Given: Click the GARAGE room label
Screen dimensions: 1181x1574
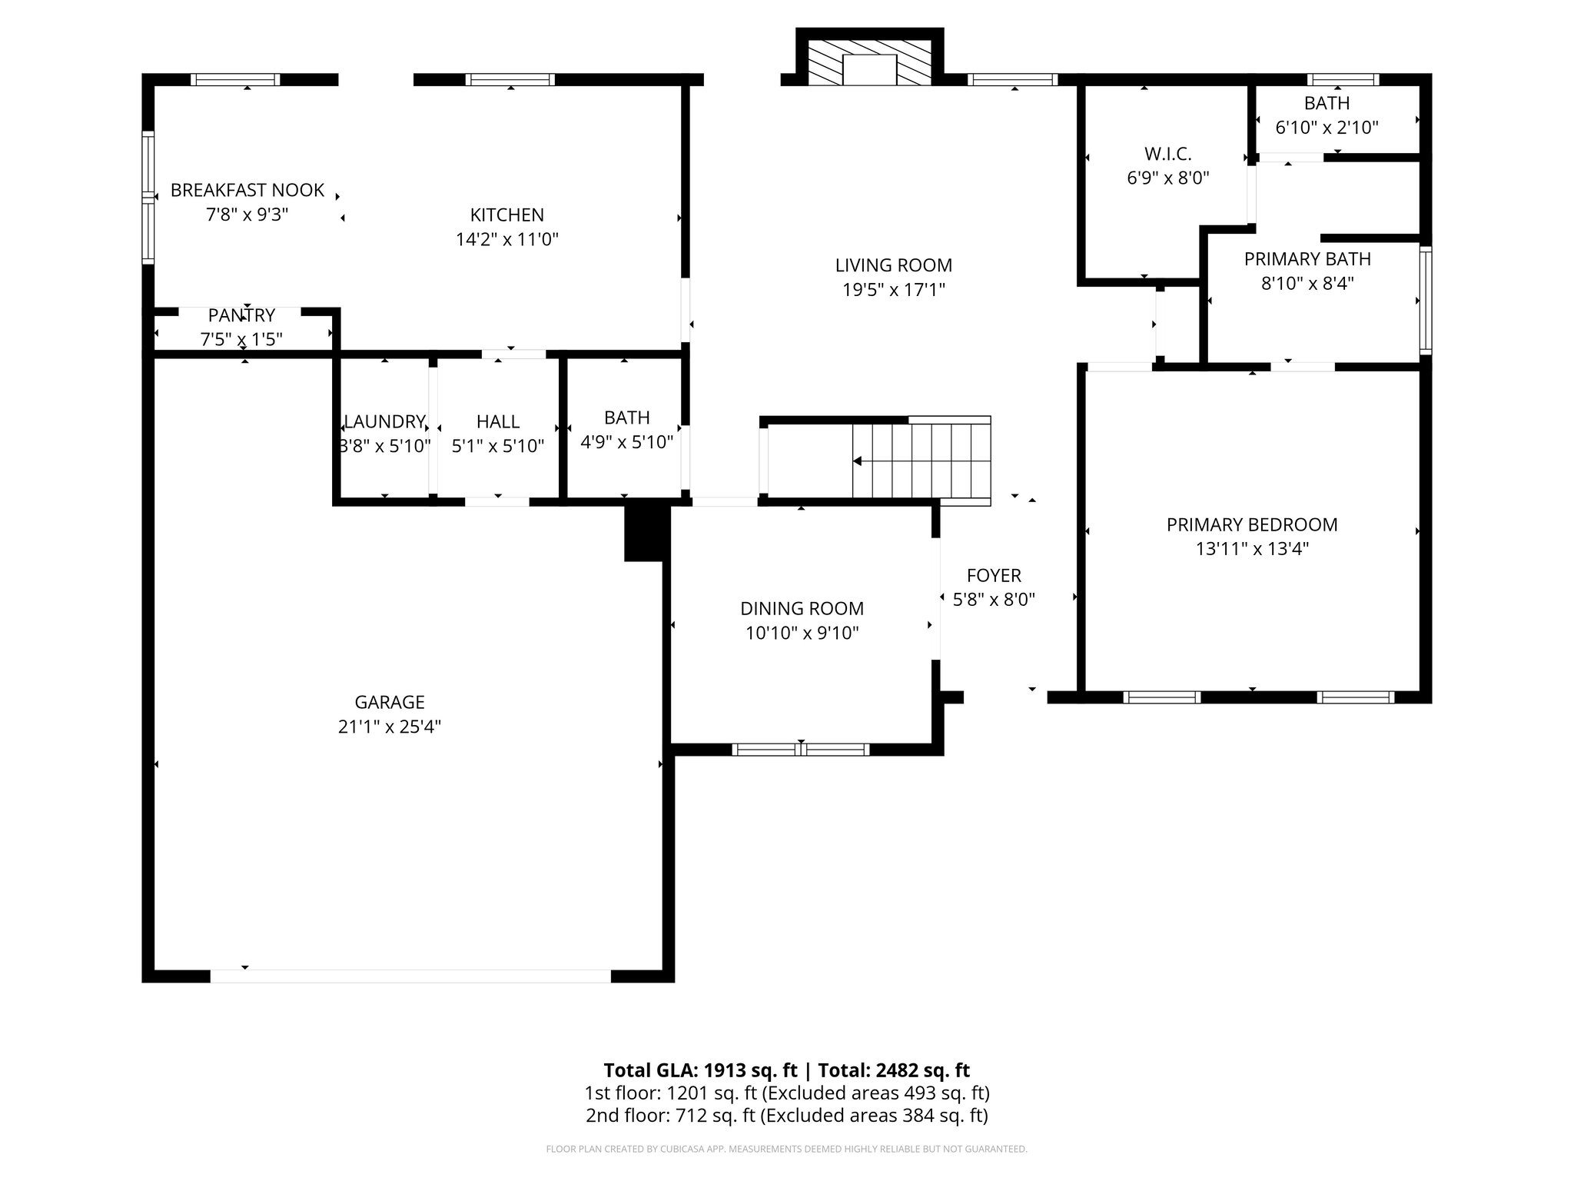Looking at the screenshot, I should coord(389,702).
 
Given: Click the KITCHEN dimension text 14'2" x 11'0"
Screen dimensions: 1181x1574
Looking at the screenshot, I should coord(506,239).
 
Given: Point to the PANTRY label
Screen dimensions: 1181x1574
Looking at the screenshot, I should coord(241,315).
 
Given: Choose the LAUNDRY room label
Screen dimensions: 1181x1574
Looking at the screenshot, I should coord(384,421).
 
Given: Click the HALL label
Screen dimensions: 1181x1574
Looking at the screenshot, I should coord(497,421).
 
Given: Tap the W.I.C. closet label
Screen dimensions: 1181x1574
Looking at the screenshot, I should coord(1167,154).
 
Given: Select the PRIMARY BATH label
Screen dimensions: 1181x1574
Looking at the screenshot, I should coord(1307,259).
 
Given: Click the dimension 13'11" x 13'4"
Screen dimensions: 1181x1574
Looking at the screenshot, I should coord(1252,549).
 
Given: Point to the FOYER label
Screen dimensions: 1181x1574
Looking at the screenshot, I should coord(994,575).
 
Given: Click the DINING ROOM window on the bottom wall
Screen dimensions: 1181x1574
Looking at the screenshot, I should coord(800,750).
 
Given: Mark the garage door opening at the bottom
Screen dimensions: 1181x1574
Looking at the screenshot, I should coord(410,976).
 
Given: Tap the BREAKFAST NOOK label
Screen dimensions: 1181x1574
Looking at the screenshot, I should coord(247,190).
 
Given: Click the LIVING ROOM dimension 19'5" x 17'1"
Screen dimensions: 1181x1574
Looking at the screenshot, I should coord(893,290).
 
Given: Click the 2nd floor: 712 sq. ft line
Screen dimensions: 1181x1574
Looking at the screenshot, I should coord(786,1116).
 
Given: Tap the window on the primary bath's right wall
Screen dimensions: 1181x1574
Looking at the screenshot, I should coord(1425,300).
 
